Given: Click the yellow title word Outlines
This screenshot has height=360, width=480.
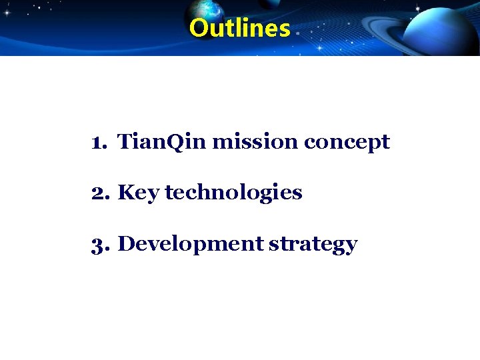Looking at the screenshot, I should click(x=240, y=29).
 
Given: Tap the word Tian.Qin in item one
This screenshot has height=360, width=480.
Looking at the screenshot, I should click(x=163, y=142).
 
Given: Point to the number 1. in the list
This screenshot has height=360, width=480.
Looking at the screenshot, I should click(x=101, y=142).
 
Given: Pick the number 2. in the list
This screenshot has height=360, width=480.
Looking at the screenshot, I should click(x=101, y=193).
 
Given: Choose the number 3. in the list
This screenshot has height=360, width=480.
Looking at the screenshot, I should click(x=101, y=244).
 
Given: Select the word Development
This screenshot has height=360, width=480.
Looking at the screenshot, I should click(x=191, y=245).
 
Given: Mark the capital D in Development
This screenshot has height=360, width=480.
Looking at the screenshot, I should click(x=127, y=244).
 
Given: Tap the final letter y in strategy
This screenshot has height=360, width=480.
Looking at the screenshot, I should click(x=351, y=247).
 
